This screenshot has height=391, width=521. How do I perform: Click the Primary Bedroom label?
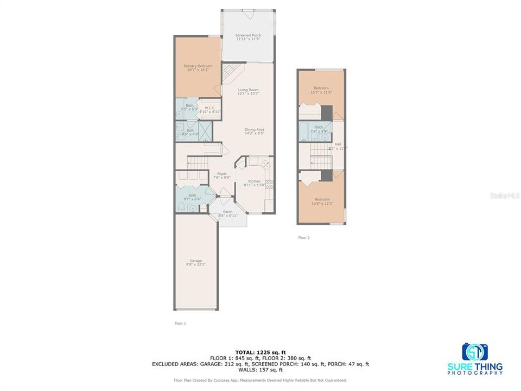198,67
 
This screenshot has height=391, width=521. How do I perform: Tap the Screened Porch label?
247,37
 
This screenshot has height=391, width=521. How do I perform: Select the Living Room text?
247,92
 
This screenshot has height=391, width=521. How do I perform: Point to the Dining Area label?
254,130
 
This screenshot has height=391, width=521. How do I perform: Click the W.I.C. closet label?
209,110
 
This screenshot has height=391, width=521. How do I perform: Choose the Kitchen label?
255,182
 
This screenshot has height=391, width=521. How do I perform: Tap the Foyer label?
222,175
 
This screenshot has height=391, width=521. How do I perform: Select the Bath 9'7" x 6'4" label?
192,197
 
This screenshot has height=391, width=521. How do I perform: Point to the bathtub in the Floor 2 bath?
303,131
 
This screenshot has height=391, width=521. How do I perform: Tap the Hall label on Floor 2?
339,146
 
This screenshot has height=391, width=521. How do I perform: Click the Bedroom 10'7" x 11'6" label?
321,90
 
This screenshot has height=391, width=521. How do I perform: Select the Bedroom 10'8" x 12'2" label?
321,201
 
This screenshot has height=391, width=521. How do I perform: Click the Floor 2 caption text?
304,237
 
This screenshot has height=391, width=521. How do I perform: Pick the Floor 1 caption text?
180,323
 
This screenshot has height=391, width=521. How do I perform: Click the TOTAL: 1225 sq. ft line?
260,352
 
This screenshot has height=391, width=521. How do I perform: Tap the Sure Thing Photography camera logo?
475,352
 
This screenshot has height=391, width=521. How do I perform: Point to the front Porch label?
228,213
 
